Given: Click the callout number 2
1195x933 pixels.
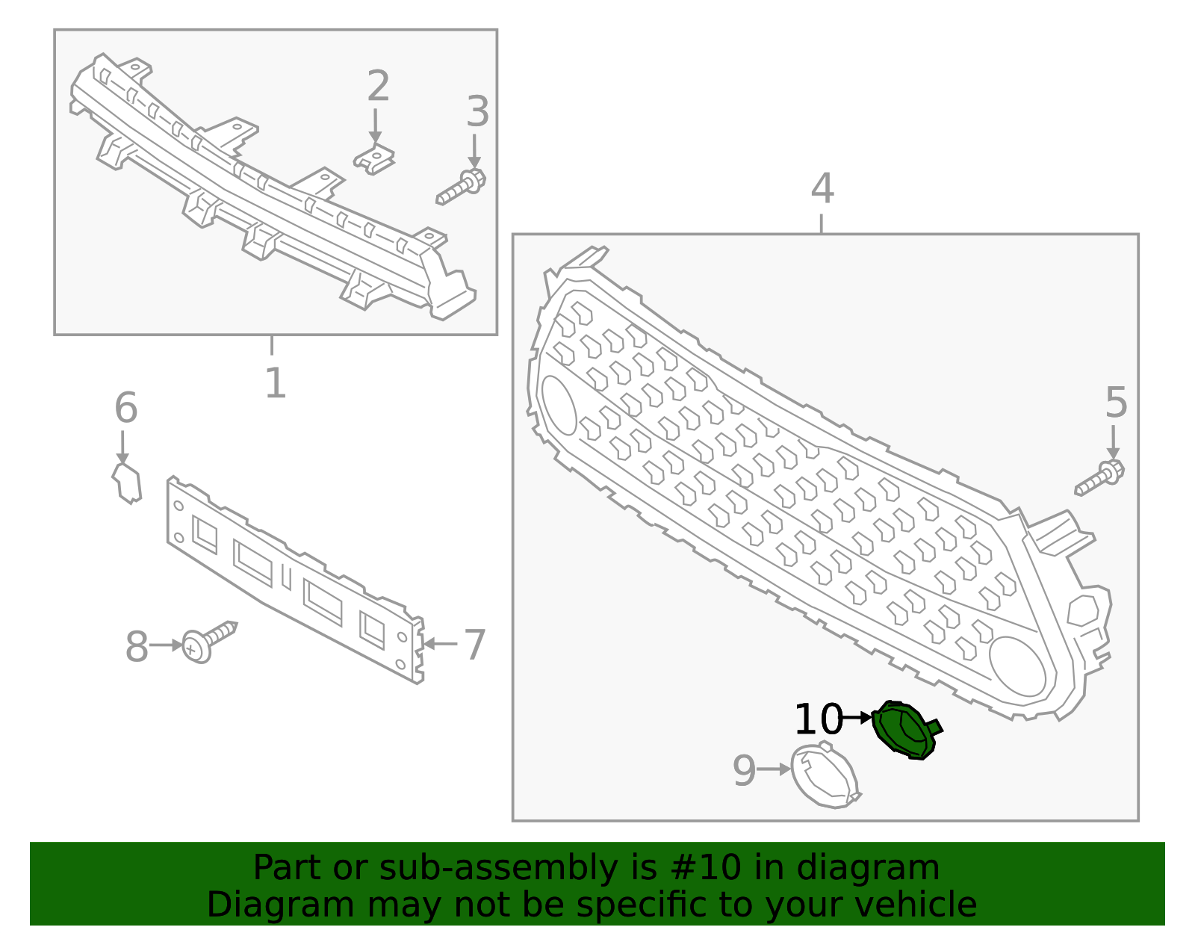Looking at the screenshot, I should tap(378, 87).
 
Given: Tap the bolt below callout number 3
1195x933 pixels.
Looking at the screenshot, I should tap(462, 187).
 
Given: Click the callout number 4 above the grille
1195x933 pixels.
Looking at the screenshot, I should tap(822, 188).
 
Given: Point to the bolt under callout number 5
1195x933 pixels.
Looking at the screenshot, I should tap(1100, 479).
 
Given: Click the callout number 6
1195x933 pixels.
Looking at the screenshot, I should tap(125, 409).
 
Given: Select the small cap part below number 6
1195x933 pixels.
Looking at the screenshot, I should tap(127, 483).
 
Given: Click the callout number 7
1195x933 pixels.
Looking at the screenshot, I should tap(475, 644).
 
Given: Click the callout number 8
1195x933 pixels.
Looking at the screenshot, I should tap(136, 647).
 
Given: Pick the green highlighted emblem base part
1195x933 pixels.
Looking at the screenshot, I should tap(905, 730).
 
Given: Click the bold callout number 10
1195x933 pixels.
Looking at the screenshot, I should tap(818, 720).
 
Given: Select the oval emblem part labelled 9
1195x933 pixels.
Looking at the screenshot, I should tap(825, 776).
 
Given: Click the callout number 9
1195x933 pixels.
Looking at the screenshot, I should tap(744, 771).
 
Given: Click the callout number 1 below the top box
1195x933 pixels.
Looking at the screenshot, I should tap(275, 383).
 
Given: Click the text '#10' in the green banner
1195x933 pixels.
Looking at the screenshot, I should tap(706, 868).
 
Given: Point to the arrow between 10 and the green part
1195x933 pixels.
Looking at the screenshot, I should tap(856, 718).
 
